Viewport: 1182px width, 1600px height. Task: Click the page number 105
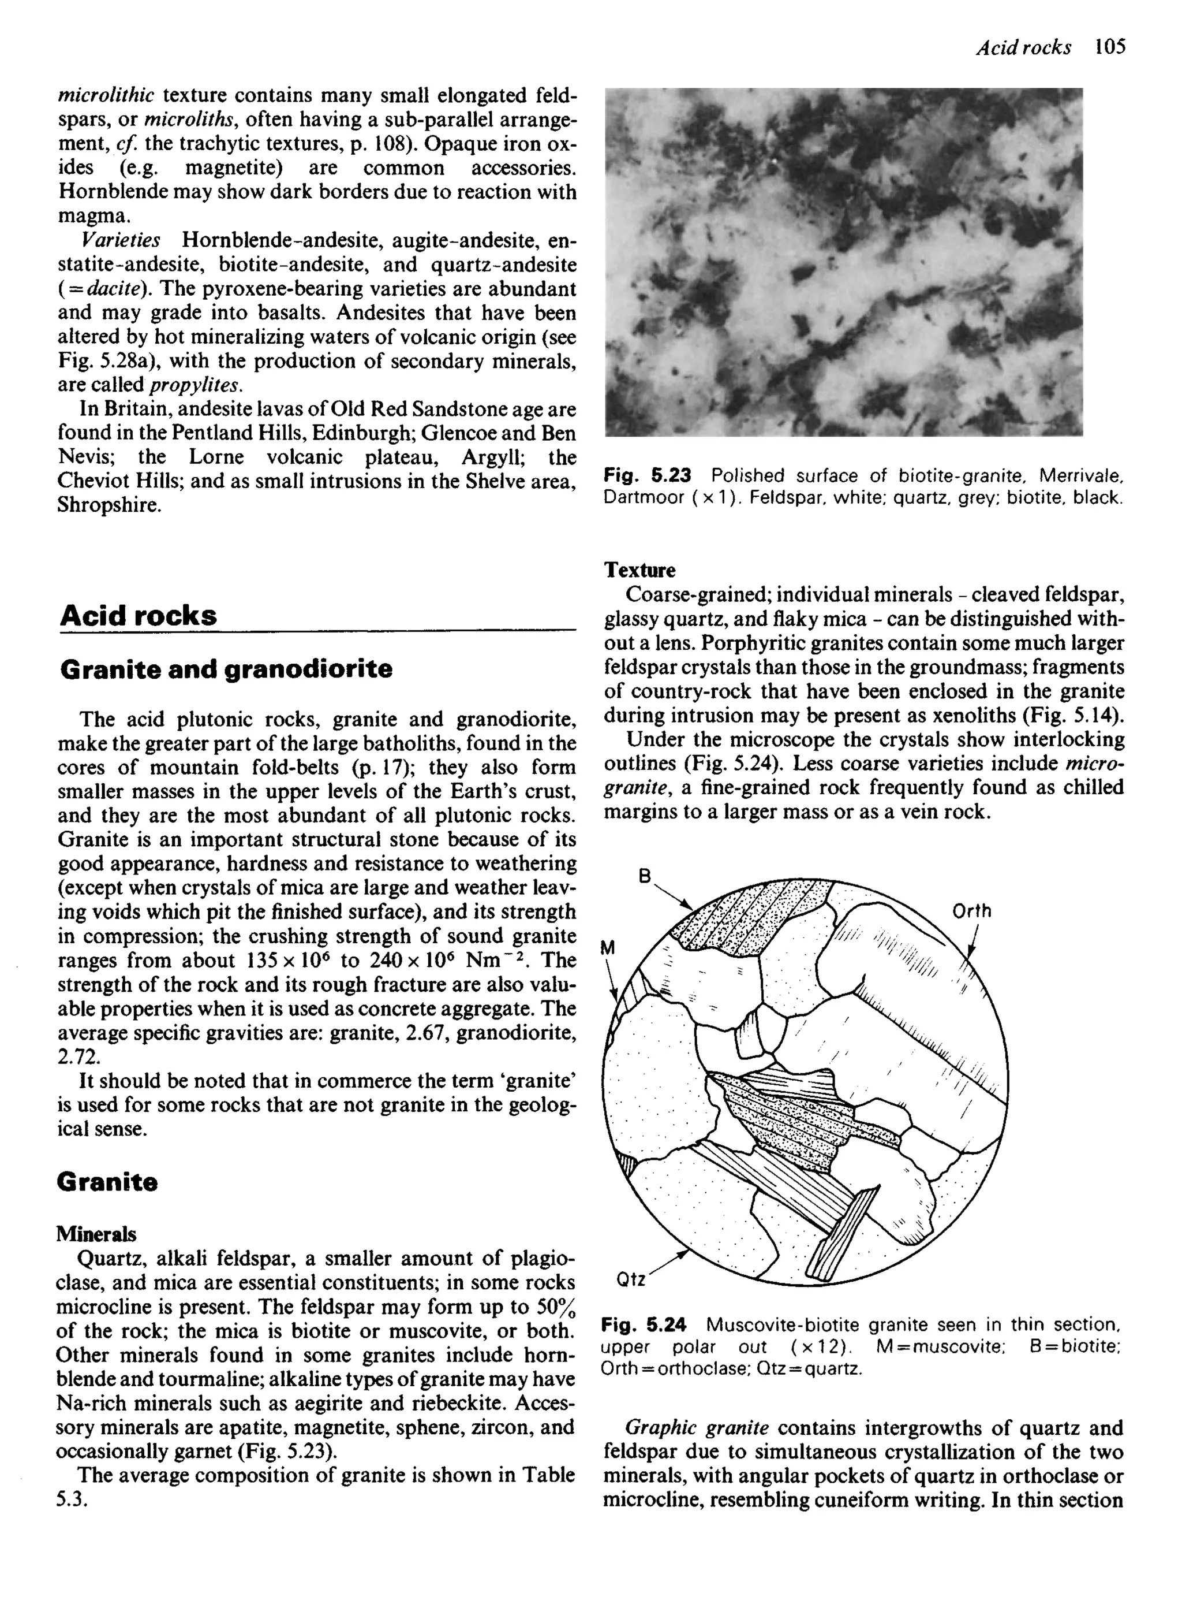(x=1110, y=47)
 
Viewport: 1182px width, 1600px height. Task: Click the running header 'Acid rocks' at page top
(x=1024, y=48)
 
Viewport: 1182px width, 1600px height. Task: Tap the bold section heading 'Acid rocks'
(x=138, y=615)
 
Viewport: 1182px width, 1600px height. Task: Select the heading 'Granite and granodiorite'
(x=226, y=669)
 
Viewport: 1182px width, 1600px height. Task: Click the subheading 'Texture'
(x=639, y=570)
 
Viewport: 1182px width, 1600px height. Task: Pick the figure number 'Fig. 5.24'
(x=644, y=1324)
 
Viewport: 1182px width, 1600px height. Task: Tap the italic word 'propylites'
(x=195, y=385)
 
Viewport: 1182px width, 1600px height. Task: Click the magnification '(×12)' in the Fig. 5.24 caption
(x=818, y=1346)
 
